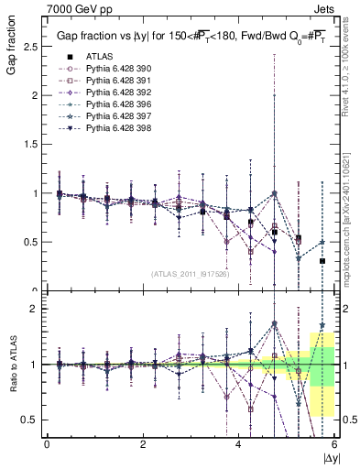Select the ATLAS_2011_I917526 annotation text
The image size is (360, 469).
point(190,274)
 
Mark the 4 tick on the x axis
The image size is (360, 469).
point(239,444)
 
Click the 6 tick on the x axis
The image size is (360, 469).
point(334,444)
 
